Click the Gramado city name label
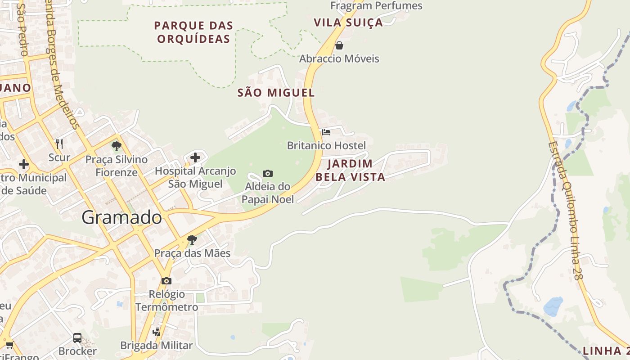click(121, 218)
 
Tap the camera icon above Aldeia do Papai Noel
click(267, 173)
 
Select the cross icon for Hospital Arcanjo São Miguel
click(195, 157)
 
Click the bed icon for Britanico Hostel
click(326, 132)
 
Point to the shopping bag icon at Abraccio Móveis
click(339, 45)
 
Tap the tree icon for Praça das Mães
click(192, 239)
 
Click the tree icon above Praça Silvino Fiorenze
click(117, 146)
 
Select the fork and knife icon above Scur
click(59, 144)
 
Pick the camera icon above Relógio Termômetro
click(166, 281)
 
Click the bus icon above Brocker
click(77, 337)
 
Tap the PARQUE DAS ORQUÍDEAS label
click(193, 32)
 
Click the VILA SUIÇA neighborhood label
click(348, 22)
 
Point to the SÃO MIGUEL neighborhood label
click(276, 93)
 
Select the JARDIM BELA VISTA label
click(350, 170)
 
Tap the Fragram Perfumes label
click(376, 6)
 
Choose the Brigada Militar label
click(156, 346)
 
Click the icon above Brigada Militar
click(157, 332)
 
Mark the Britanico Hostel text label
click(326, 145)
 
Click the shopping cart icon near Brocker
click(9, 345)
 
